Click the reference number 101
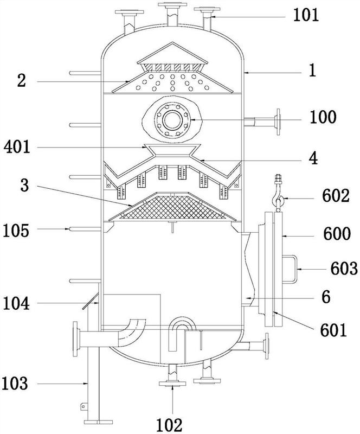[306, 16]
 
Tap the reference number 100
[323, 117]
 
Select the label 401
[17, 147]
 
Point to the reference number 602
[336, 196]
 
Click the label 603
[344, 269]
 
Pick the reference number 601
[333, 330]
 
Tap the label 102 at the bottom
[169, 425]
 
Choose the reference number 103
[15, 384]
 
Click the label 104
[16, 303]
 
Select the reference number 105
[16, 231]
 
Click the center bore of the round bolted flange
[172, 120]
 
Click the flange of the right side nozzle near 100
[278, 122]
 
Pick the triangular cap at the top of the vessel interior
[172, 53]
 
